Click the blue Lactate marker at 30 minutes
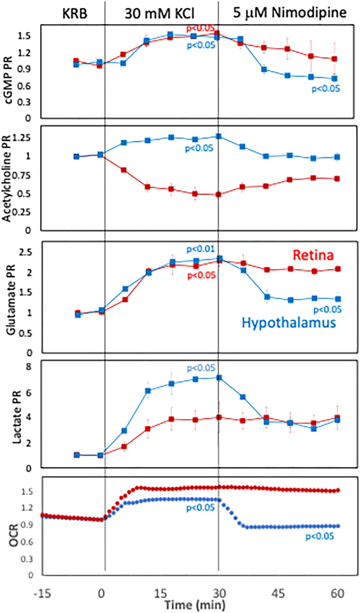(219, 378)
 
